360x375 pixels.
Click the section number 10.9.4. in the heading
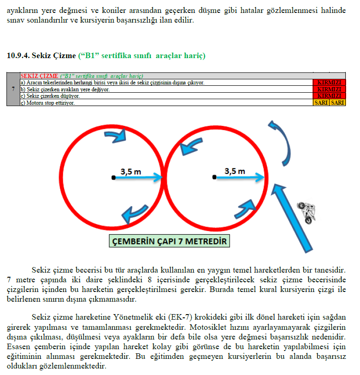[18, 56]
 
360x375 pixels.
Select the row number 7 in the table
[13, 89]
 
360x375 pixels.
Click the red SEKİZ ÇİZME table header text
[39, 76]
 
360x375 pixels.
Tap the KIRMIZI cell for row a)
[329, 83]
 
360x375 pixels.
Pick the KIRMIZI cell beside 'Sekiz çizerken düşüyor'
[329, 96]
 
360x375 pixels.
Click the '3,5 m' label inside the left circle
[131, 171]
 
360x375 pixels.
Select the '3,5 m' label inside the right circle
[235, 171]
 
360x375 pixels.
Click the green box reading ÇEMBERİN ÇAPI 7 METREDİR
[169, 241]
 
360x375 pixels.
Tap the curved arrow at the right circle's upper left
[190, 146]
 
